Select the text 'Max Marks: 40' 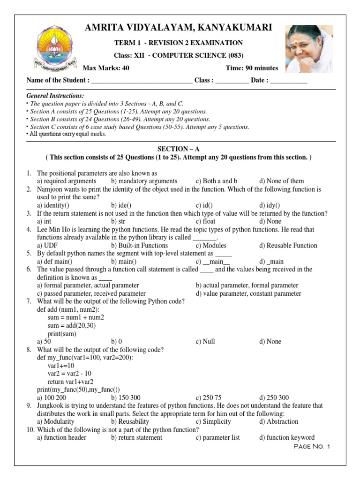[x=106, y=68]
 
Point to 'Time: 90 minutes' [x=252, y=68]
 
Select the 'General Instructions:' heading [x=55, y=96]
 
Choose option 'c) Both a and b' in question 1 [x=217, y=181]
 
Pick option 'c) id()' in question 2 [x=204, y=205]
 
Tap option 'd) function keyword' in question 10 [x=286, y=438]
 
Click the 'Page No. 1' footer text [x=312, y=447]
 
